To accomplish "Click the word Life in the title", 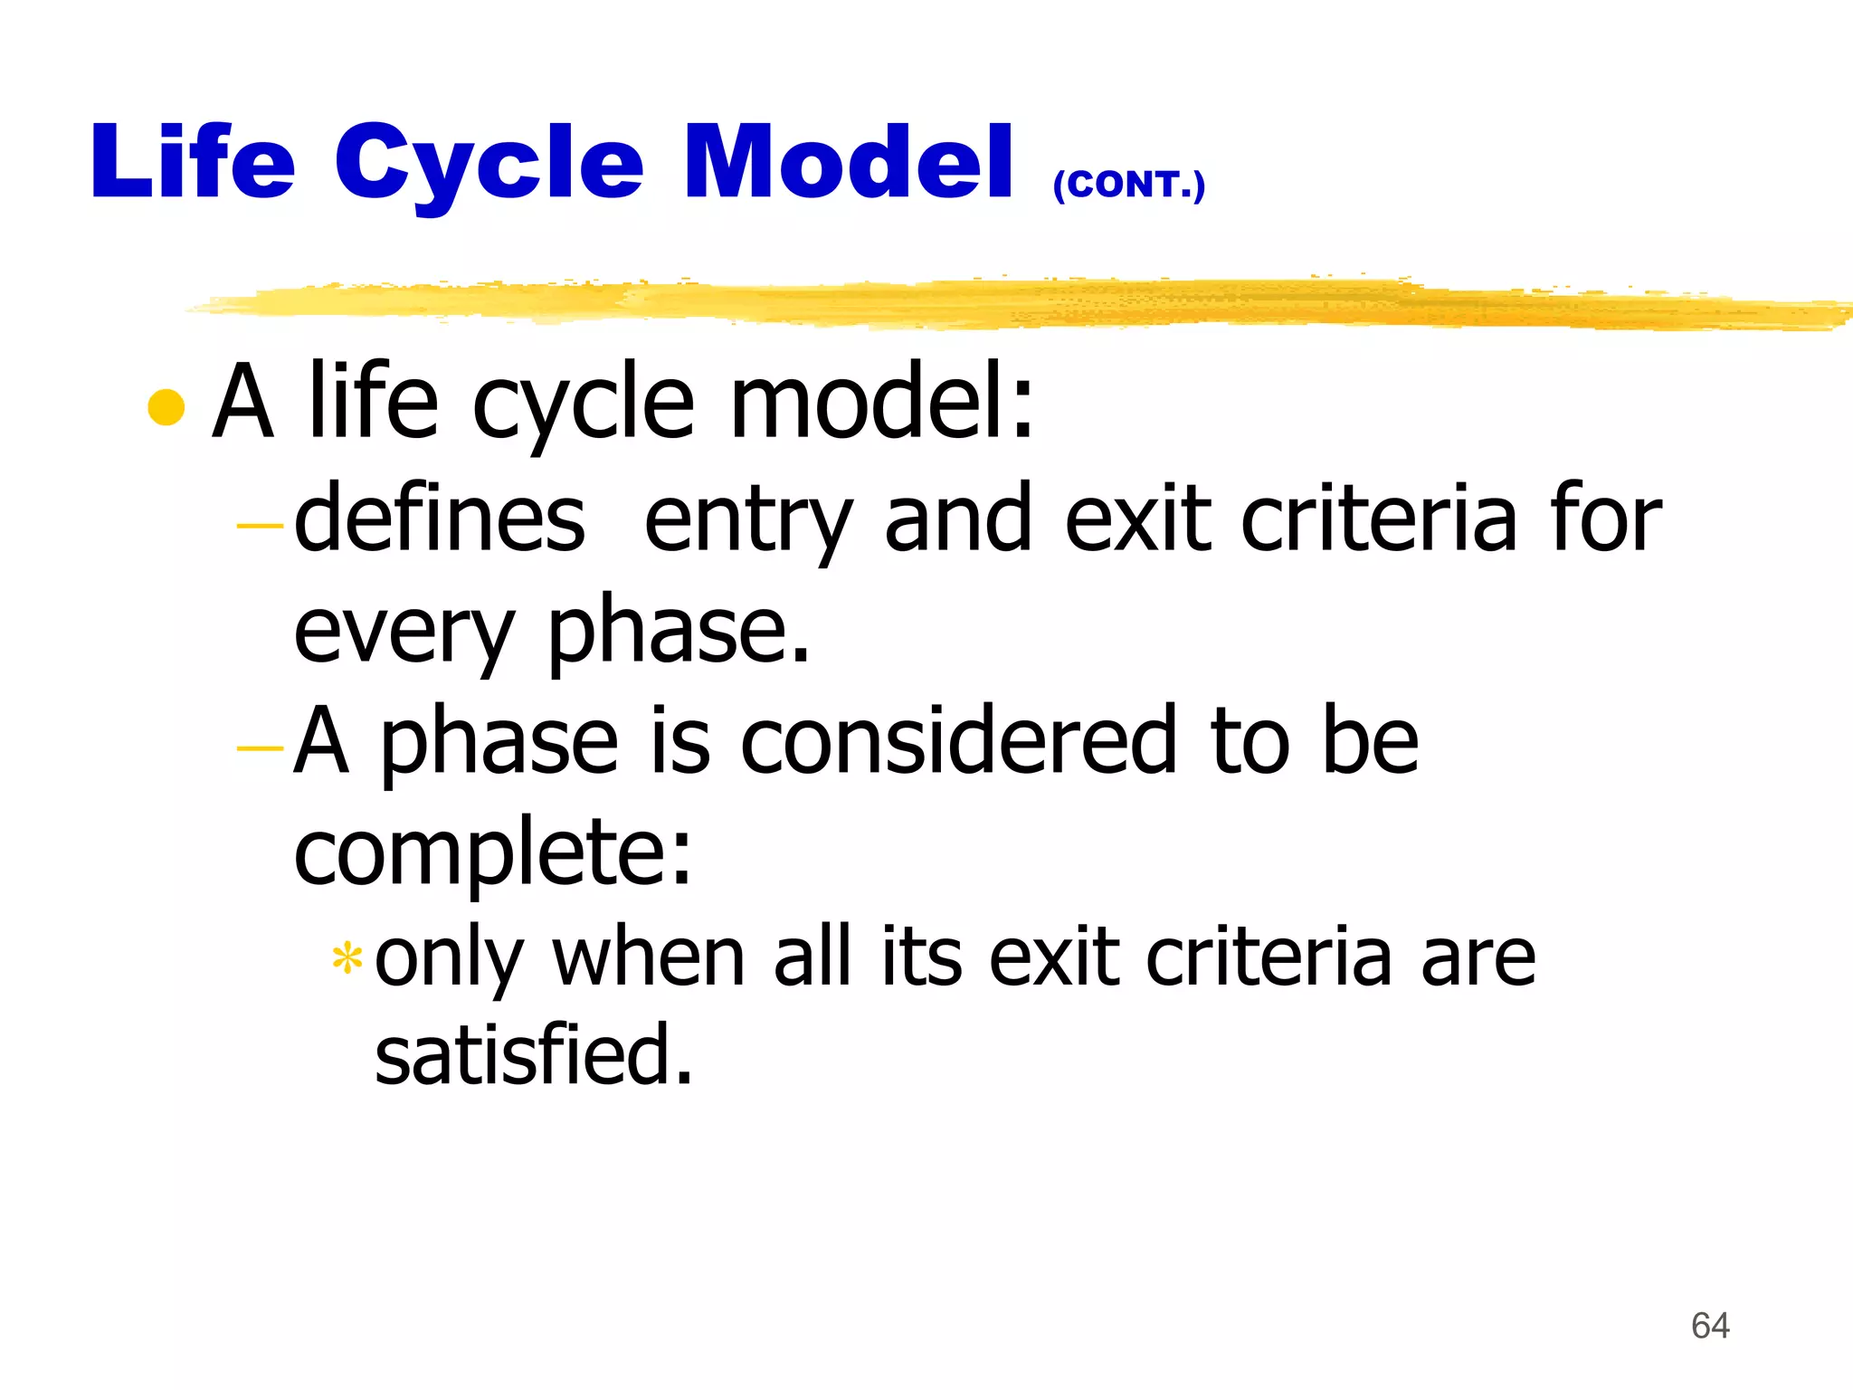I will (193, 162).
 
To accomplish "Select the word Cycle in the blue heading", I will (489, 166).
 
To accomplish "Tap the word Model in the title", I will (849, 162).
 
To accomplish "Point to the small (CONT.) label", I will (1128, 186).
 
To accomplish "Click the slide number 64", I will (1710, 1326).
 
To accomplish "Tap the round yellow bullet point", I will (166, 406).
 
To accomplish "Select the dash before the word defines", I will (260, 524).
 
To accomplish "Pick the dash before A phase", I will (260, 747).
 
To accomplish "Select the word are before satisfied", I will (1478, 959).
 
